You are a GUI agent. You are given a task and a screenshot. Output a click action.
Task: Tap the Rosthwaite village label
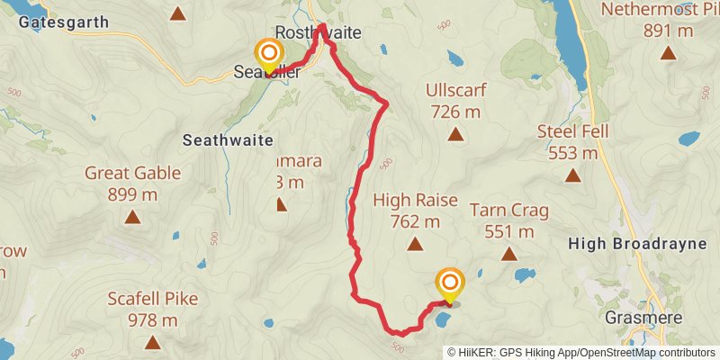pos(318,32)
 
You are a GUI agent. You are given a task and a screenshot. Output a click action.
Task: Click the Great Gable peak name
pos(132,173)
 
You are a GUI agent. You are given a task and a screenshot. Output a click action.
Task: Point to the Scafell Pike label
pos(152,299)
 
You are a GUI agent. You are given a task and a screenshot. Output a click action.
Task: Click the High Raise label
pos(415,200)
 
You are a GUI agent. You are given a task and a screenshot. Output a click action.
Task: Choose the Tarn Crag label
pos(509,211)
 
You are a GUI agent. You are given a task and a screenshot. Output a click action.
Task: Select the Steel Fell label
pos(573,131)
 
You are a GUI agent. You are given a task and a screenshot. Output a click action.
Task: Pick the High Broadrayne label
pos(642,243)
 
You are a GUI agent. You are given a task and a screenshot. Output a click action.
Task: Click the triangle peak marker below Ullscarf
pos(456,135)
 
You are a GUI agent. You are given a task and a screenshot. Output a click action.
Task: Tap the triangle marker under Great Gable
pos(132,217)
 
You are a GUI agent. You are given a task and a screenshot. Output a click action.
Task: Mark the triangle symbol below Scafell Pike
pos(152,342)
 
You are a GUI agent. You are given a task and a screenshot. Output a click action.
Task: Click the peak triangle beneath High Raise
pos(415,244)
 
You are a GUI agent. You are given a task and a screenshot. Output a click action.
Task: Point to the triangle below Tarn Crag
pos(509,255)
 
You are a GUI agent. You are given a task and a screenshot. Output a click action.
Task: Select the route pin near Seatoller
pos(268,56)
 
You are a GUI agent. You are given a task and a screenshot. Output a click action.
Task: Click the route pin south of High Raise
pos(449,285)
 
